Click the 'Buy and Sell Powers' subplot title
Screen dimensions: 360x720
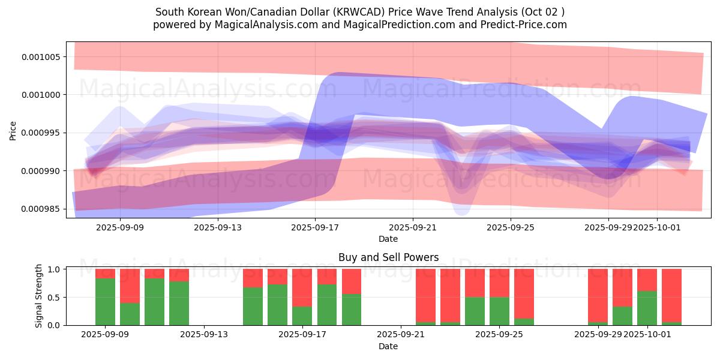388,258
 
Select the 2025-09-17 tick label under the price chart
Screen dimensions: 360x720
315,228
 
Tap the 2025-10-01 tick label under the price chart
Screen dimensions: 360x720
658,228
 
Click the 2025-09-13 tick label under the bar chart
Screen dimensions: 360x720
204,334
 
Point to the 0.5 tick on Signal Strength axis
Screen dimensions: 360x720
53,298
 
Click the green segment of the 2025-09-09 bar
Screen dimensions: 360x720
105,301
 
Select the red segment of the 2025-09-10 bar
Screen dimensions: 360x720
130,286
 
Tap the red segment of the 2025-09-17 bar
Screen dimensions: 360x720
302,287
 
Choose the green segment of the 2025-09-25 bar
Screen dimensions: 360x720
499,311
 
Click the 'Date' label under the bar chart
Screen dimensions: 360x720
388,346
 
